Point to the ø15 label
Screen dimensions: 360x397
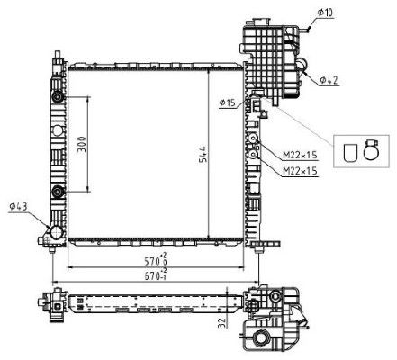click(x=227, y=104)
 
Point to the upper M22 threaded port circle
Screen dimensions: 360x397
click(x=256, y=139)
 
